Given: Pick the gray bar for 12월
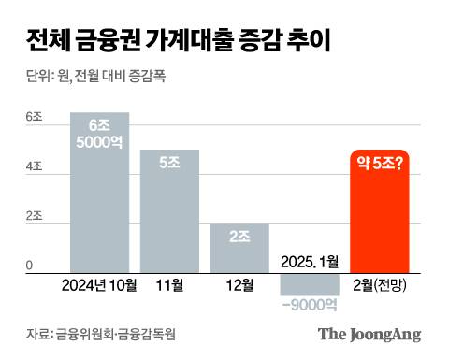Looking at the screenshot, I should tap(239, 249).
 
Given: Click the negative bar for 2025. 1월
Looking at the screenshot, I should tap(309, 284).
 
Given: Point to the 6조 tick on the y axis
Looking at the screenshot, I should tap(34, 117).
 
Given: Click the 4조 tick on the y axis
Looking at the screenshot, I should tap(34, 166).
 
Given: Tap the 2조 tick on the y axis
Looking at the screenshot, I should tap(34, 216).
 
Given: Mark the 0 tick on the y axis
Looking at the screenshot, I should tap(30, 266).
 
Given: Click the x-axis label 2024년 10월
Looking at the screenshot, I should tap(99, 285).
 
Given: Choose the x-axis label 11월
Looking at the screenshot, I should tap(169, 285).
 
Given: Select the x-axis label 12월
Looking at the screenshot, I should tap(239, 285).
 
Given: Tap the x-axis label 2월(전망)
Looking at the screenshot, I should tap(380, 285).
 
